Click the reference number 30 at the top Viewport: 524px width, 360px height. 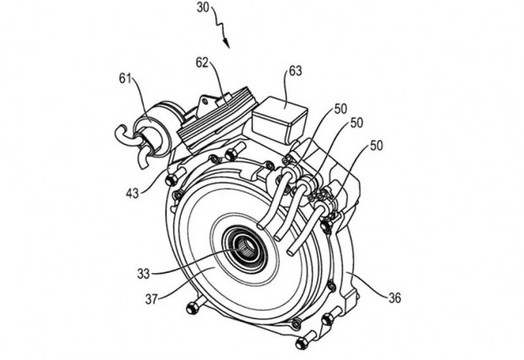[203, 8]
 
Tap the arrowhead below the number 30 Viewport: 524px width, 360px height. [227, 43]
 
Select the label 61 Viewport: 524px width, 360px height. [125, 79]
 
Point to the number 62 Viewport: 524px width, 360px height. [202, 63]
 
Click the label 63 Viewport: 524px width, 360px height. [296, 71]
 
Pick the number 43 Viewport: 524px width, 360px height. [133, 193]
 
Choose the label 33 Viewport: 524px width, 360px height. [144, 274]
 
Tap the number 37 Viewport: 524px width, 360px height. [151, 299]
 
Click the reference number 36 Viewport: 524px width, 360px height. [395, 297]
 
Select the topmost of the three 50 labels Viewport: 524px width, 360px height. [341, 109]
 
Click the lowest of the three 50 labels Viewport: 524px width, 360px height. [376, 145]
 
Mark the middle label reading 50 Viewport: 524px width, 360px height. [357, 123]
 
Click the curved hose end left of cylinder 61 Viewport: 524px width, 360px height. [124, 136]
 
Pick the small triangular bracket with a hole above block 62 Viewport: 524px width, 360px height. [205, 102]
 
